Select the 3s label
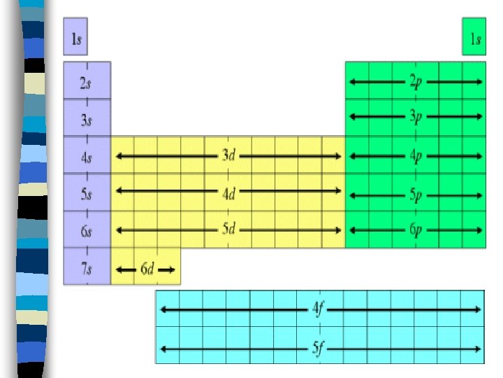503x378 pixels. [86, 119]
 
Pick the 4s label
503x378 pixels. [86, 157]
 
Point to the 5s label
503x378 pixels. [86, 194]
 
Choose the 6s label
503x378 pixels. [86, 231]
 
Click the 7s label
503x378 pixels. [86, 268]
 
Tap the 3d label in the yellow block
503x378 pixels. [228, 156]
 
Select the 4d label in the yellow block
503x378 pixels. [228, 193]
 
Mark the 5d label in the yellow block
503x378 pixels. [228, 230]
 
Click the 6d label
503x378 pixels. [147, 269]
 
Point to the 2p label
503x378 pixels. [416, 82]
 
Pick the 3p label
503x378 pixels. [416, 115]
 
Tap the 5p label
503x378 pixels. [416, 193]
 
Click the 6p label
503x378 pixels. [416, 230]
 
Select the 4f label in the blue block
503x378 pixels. [319, 308]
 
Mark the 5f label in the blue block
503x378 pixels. [319, 346]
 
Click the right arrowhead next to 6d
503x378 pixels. [171, 269]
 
